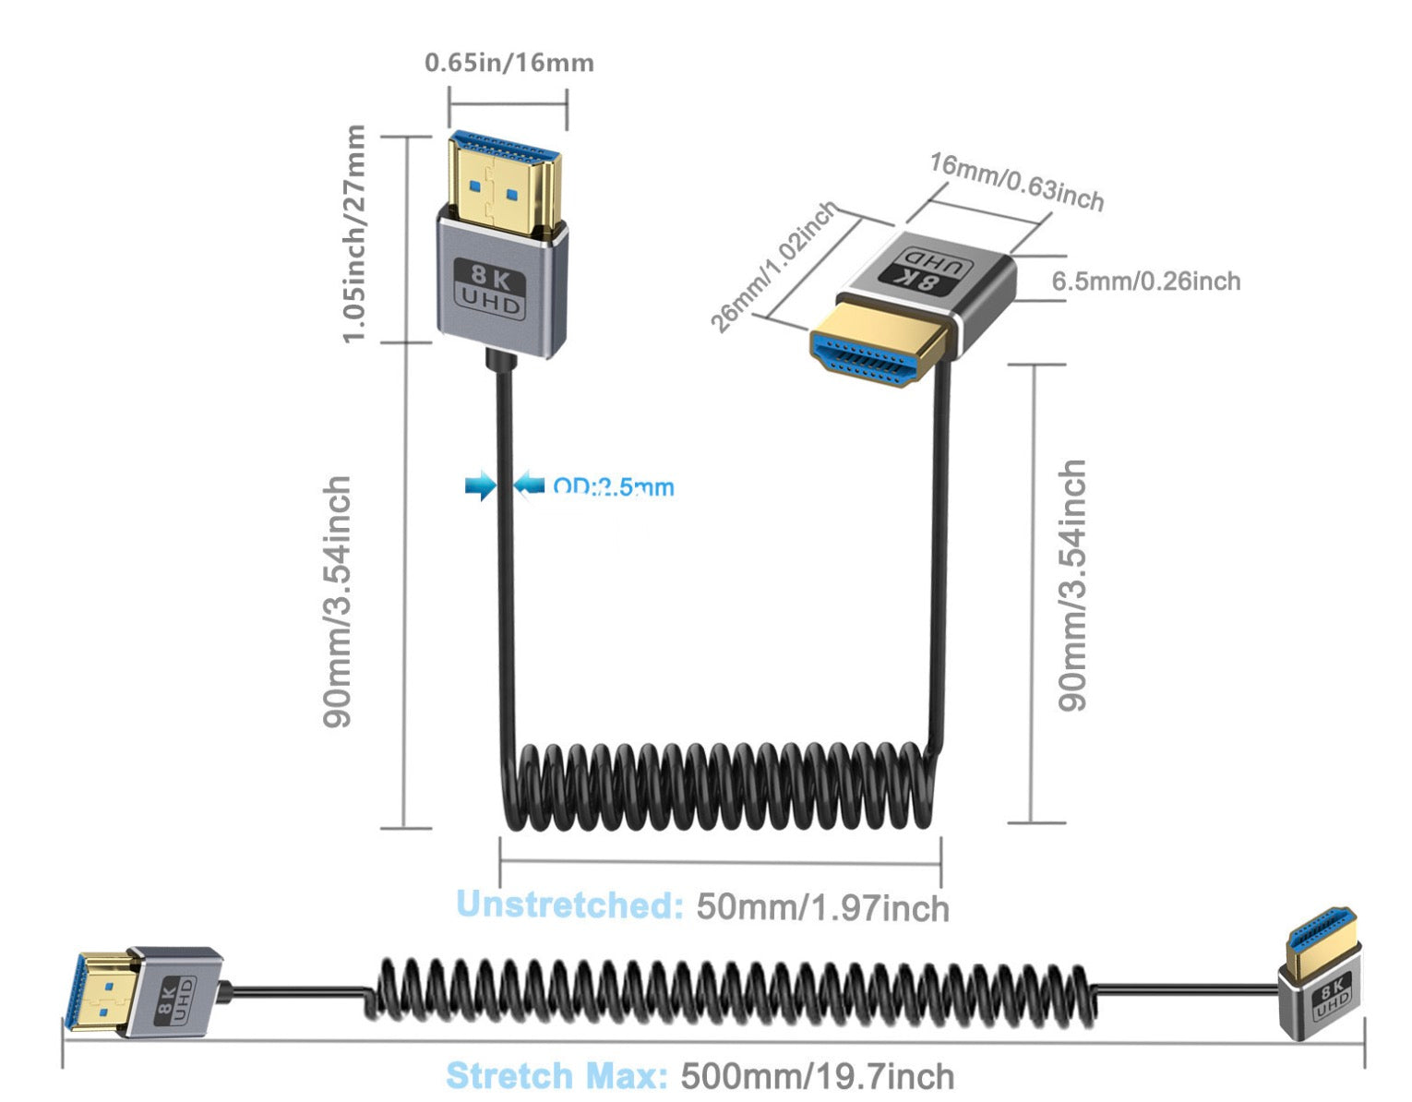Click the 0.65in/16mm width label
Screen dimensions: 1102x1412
(x=509, y=63)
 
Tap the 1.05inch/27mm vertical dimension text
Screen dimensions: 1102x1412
(x=354, y=234)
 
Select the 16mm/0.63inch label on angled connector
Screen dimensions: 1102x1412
(x=1016, y=182)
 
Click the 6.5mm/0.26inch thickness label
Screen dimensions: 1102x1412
(x=1146, y=281)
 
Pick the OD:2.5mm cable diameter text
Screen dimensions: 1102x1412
(x=614, y=486)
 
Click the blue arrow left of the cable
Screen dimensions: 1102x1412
(x=480, y=485)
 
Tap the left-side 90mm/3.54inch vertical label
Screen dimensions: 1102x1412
(x=338, y=602)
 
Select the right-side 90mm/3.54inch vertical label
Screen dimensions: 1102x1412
(x=1072, y=586)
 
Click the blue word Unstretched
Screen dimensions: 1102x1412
(x=569, y=904)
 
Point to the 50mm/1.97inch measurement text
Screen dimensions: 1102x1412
(x=822, y=907)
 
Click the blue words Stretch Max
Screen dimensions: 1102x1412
(x=556, y=1076)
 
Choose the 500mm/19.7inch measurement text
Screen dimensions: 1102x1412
(x=817, y=1076)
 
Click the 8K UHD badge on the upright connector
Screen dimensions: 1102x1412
(x=491, y=289)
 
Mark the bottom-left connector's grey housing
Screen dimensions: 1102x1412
(x=175, y=991)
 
